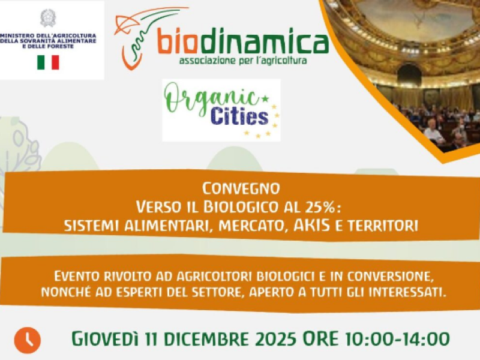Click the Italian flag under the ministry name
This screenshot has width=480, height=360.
click(x=48, y=62)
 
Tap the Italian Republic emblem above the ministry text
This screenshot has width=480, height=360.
click(x=47, y=17)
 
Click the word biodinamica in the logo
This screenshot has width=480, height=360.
click(x=242, y=42)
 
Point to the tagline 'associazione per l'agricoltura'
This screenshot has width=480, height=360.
click(x=243, y=61)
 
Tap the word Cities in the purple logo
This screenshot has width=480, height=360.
click(x=239, y=116)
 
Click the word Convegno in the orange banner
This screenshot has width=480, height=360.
click(x=241, y=188)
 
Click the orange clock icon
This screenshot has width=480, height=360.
click(x=27, y=340)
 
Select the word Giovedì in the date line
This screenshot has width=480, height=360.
click(x=104, y=339)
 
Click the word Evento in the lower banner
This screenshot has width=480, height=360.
click(x=75, y=277)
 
